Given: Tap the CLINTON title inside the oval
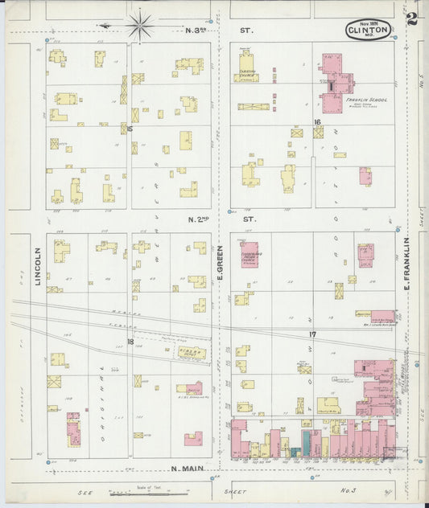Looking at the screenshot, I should tap(369, 31).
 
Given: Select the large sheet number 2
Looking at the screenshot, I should tap(412, 19).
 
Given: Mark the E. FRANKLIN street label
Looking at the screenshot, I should tap(408, 264).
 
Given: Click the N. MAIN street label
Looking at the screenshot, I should tap(188, 467).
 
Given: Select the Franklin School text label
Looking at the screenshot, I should tap(365, 100).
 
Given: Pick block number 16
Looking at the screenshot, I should tap(318, 122).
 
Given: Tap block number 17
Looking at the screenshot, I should tap(311, 333).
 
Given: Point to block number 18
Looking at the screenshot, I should tap(130, 342).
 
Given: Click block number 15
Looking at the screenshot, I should tap(128, 128).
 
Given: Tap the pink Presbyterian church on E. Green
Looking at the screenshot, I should tap(250, 255).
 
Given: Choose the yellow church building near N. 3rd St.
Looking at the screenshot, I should tap(246, 67).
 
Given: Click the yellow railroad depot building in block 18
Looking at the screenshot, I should tap(191, 352).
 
